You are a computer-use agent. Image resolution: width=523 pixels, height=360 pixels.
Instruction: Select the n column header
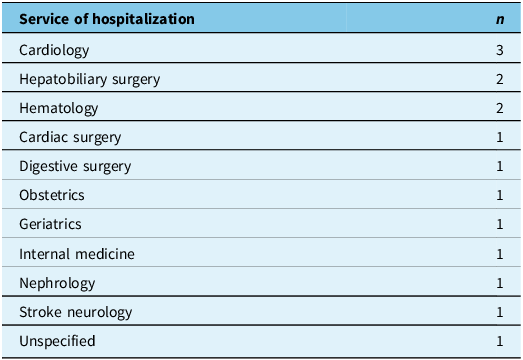pyautogui.click(x=500, y=19)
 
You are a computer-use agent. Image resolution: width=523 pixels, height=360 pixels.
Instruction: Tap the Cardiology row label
pyautogui.click(x=54, y=49)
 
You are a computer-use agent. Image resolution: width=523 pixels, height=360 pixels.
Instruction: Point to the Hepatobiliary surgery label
pyautogui.click(x=89, y=78)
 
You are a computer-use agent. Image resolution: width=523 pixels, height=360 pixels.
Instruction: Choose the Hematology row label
pyautogui.click(x=58, y=108)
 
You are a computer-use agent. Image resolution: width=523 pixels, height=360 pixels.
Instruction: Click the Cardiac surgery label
pyautogui.click(x=70, y=137)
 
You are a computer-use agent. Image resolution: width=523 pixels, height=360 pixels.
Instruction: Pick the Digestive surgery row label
pyautogui.click(x=75, y=166)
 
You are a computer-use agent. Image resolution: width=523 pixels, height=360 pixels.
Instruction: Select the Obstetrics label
pyautogui.click(x=52, y=195)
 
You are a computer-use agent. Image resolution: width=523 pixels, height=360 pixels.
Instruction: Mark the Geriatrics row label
pyautogui.click(x=50, y=224)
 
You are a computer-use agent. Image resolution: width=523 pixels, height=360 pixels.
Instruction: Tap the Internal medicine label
pyautogui.click(x=76, y=254)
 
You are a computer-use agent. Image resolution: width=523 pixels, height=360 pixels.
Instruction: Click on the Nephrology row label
pyautogui.click(x=57, y=283)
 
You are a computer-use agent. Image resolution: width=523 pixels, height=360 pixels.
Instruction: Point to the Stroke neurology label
pyautogui.click(x=75, y=312)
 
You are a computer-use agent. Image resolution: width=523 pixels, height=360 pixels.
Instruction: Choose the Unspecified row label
pyautogui.click(x=57, y=341)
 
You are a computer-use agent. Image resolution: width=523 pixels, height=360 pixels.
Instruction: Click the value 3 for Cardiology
pyautogui.click(x=500, y=49)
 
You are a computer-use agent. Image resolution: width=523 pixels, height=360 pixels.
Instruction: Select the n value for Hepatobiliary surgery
pyautogui.click(x=500, y=78)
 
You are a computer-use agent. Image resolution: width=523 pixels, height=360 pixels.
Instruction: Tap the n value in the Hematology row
pyautogui.click(x=500, y=108)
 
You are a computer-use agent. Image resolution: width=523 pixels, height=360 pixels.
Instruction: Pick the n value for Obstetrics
pyautogui.click(x=500, y=195)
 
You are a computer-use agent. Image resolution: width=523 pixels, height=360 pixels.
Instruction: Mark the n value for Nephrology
pyautogui.click(x=500, y=283)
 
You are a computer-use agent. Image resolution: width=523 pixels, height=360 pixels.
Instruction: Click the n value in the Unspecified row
pyautogui.click(x=500, y=341)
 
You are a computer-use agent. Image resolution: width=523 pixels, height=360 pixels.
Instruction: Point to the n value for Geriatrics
pyautogui.click(x=500, y=224)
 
